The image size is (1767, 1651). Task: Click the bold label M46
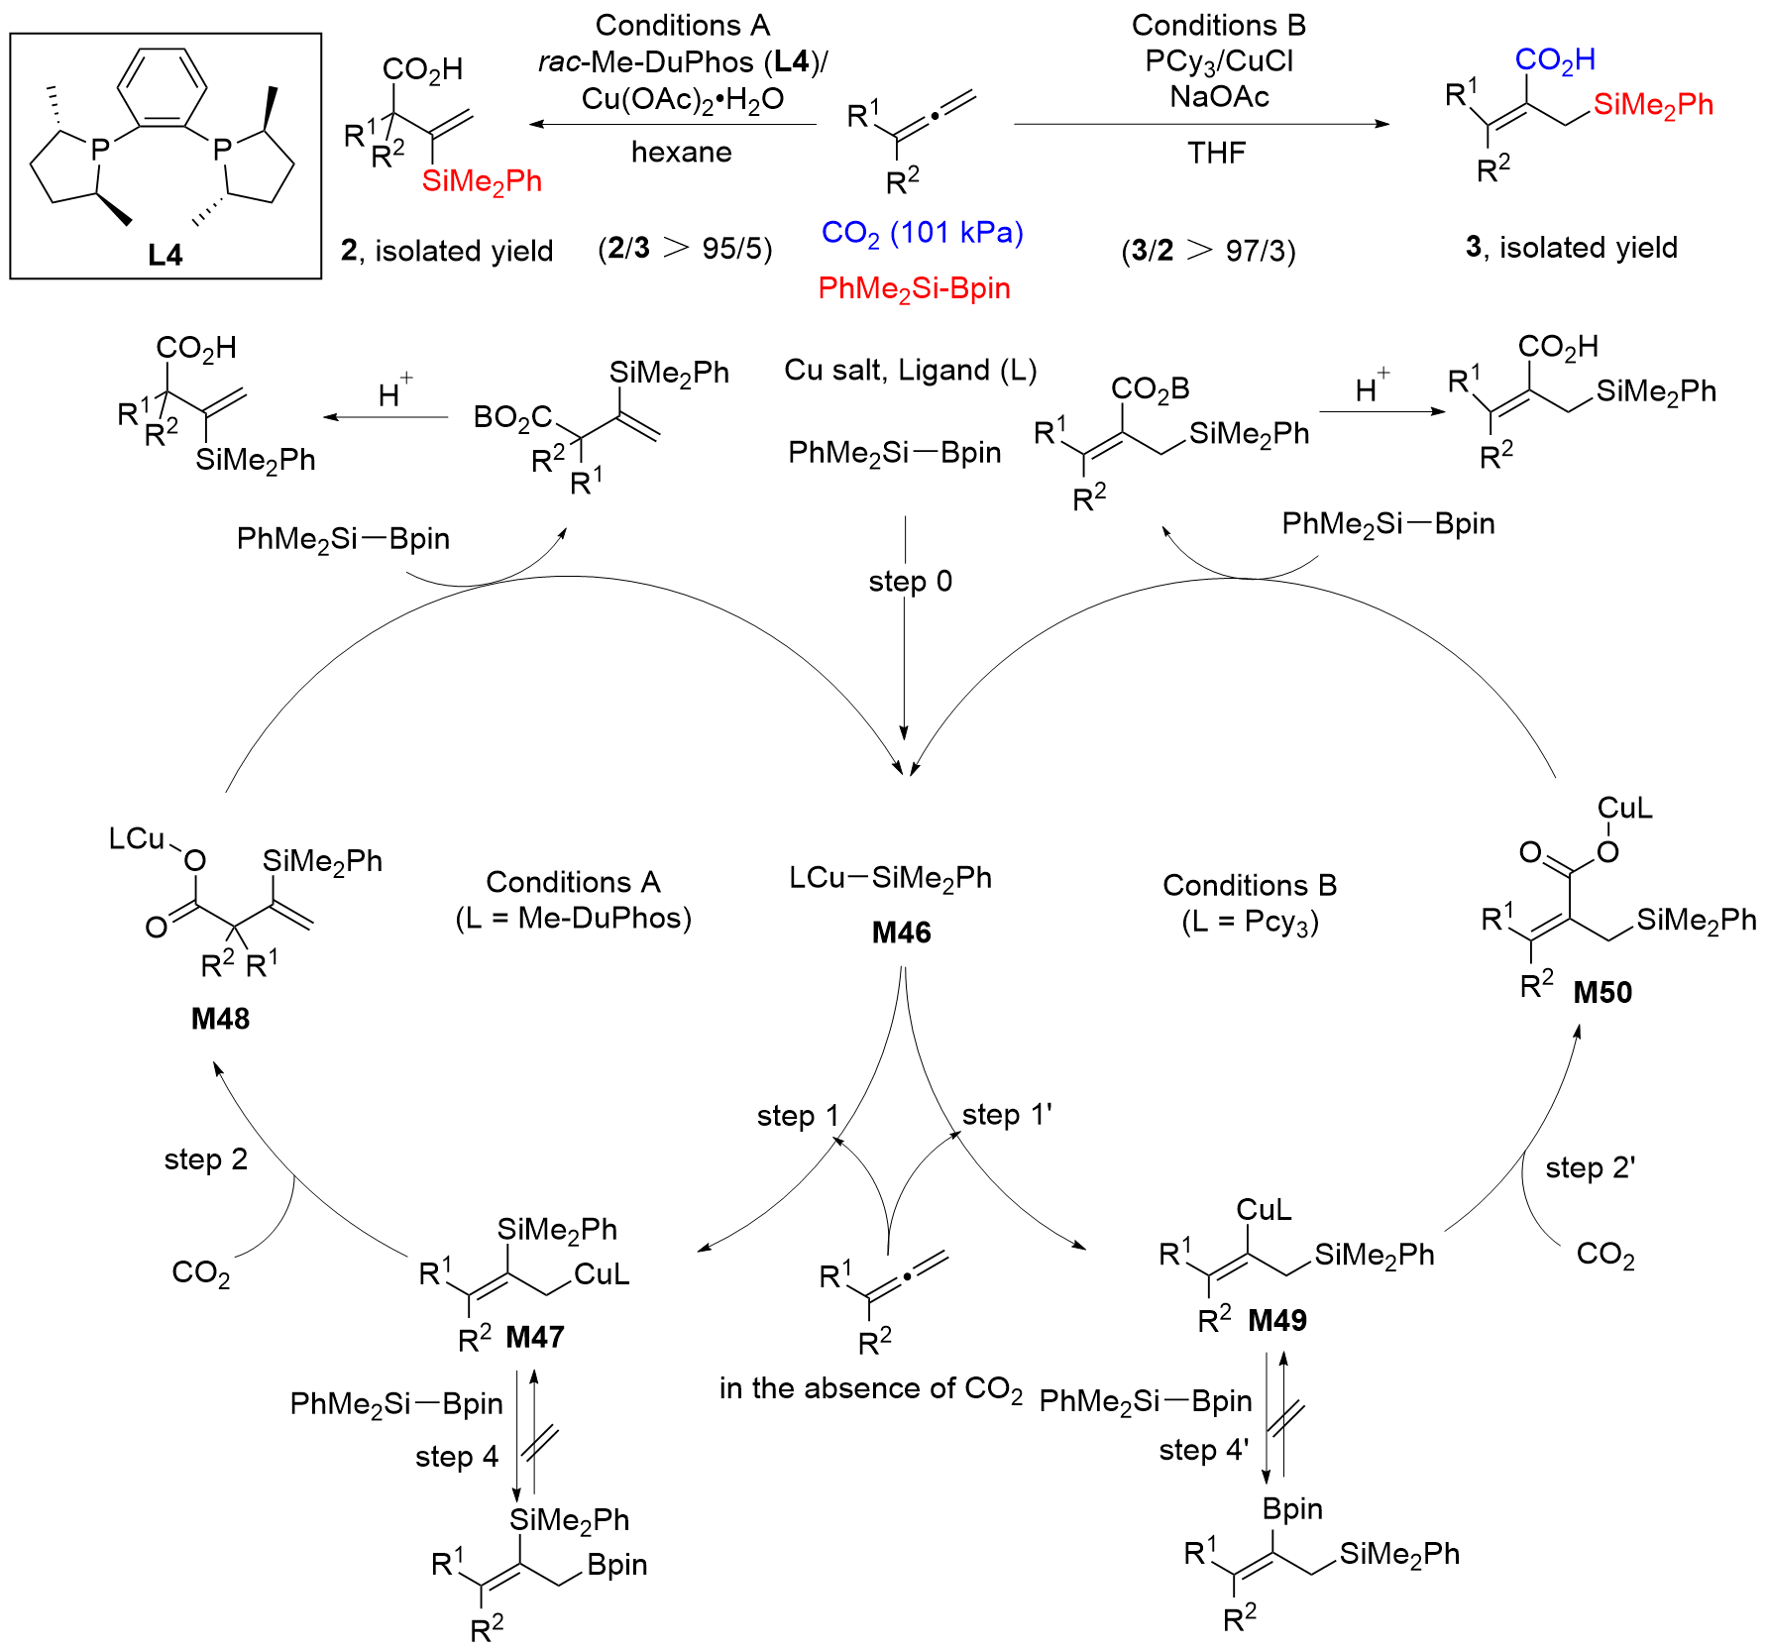tap(901, 933)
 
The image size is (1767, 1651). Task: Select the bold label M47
tap(535, 1337)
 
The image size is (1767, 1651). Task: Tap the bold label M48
tap(220, 1018)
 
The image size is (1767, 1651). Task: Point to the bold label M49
tap(1277, 1320)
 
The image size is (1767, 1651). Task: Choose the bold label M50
tap(1602, 992)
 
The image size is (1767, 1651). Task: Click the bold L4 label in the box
tap(166, 255)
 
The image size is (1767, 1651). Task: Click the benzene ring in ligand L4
tap(162, 87)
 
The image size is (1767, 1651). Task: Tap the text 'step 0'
tap(910, 581)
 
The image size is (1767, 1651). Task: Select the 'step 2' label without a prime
tap(205, 1159)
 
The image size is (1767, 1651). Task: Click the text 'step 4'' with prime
tap(1203, 1450)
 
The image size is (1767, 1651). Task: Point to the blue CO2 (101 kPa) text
tap(922, 233)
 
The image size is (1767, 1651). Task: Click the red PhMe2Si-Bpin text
tap(914, 288)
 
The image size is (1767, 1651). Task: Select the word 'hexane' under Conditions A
tap(682, 152)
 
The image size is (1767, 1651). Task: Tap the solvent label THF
tap(1217, 153)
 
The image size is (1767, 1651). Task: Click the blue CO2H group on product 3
tap(1555, 60)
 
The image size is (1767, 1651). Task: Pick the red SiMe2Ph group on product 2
tap(482, 181)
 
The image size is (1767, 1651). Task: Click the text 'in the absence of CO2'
tap(870, 1388)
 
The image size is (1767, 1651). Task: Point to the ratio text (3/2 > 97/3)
tap(1208, 250)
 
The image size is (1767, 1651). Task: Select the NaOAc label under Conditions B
tap(1219, 96)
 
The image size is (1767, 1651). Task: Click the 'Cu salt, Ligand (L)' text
tap(910, 370)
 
